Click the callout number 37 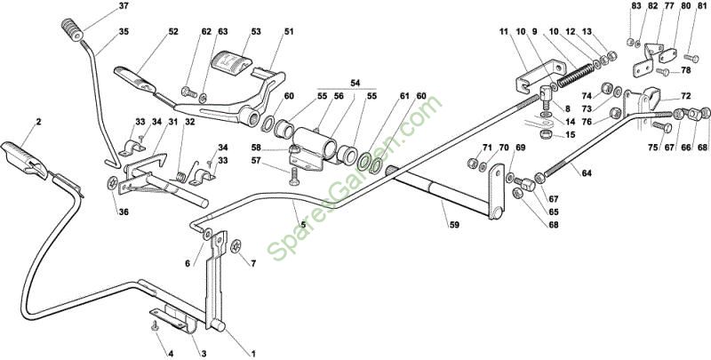click(124, 6)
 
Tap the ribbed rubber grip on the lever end click(73, 29)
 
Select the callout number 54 click(355, 83)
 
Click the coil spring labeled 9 click(576, 76)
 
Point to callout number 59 click(455, 224)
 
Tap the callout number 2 click(38, 122)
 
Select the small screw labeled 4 click(156, 324)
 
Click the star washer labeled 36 click(113, 183)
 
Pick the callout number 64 click(587, 173)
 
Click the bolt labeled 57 click(292, 175)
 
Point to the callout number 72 click(685, 96)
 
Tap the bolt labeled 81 click(691, 58)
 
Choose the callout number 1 click(253, 353)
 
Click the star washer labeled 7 click(236, 247)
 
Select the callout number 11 click(504, 32)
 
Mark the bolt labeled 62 click(189, 92)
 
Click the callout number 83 click(636, 6)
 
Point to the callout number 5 click(303, 224)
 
